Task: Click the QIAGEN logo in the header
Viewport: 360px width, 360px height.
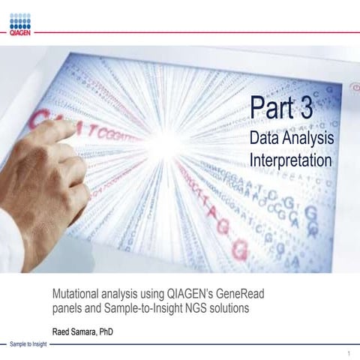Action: [20, 24]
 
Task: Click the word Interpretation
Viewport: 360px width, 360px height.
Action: [290, 160]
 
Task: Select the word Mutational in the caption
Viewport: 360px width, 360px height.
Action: [77, 292]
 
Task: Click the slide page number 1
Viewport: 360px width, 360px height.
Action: [349, 352]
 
